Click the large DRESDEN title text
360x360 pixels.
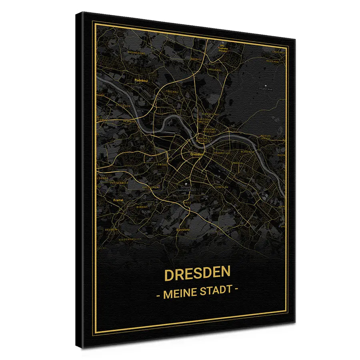point(197,274)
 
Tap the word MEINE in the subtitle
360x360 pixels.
point(180,292)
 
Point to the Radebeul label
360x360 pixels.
point(142,80)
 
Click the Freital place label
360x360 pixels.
point(118,200)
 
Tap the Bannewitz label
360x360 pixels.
point(182,230)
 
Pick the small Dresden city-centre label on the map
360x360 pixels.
point(197,154)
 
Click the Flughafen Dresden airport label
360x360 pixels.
point(223,48)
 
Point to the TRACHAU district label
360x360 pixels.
point(172,92)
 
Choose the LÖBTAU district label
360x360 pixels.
point(162,164)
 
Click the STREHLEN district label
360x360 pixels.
point(221,187)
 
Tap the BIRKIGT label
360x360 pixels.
point(142,207)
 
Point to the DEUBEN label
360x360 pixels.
point(111,230)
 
